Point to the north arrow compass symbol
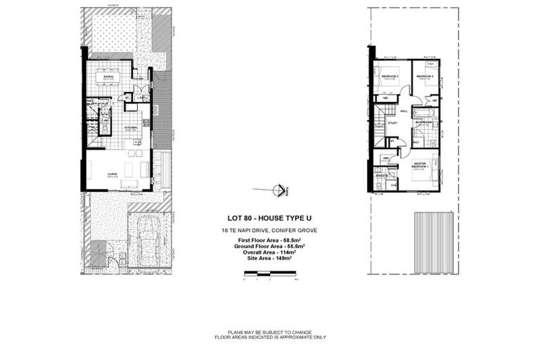(x=280, y=188)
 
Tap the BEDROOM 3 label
(x=390, y=76)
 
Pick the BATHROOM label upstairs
(x=422, y=122)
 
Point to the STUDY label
(x=392, y=123)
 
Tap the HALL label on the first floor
(x=404, y=111)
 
